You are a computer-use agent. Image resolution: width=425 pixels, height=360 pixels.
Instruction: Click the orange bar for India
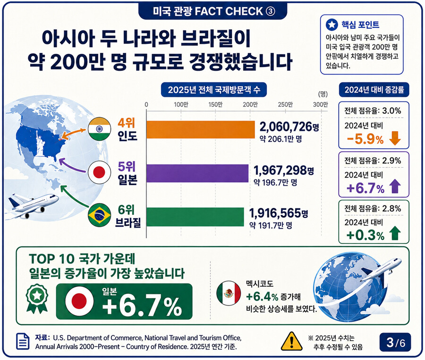[201, 129]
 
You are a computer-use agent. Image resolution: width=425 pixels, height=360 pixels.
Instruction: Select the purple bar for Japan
[197, 173]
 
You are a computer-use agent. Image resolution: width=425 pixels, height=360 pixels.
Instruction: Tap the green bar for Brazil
[195, 217]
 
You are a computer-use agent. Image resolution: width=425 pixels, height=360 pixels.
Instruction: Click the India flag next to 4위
[100, 129]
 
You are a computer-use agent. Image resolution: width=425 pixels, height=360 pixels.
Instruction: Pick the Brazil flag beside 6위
[100, 214]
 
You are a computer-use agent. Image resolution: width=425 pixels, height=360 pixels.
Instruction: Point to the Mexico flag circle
[229, 293]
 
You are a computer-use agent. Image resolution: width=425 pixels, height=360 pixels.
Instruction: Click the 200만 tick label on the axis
[250, 104]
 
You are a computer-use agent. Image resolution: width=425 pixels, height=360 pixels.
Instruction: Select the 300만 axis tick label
[320, 104]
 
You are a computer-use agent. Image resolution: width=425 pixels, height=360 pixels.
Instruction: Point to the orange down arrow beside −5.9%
[395, 138]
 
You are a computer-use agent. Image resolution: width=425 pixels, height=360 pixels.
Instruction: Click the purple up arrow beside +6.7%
[395, 186]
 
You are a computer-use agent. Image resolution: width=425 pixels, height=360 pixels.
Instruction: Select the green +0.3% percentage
[365, 235]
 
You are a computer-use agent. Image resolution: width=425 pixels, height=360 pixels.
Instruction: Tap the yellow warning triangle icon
[292, 341]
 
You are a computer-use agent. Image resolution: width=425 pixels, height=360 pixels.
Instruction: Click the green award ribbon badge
[37, 298]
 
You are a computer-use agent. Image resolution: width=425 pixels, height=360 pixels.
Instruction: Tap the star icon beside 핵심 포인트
[332, 25]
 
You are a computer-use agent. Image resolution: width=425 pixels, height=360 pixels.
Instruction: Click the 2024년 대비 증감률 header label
[374, 90]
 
